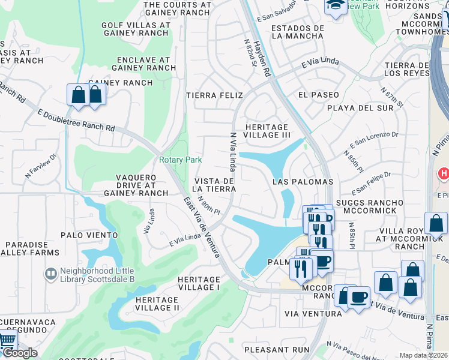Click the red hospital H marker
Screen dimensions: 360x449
click(x=443, y=174)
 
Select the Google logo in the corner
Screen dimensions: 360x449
click(x=19, y=353)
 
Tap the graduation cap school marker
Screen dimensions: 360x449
click(x=333, y=5)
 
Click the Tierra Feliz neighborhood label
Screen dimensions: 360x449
click(x=214, y=95)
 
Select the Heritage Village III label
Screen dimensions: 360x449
click(x=267, y=131)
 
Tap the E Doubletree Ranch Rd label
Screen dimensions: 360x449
click(x=76, y=120)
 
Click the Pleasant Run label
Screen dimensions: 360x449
click(x=277, y=349)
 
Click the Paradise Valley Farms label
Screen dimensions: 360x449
click(x=27, y=249)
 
